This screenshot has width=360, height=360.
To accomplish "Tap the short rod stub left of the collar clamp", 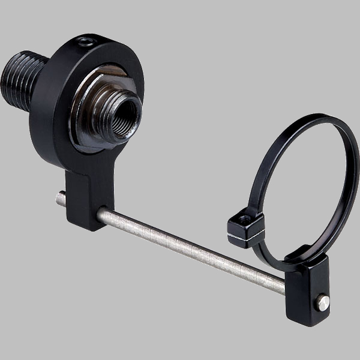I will pyautogui.click(x=61, y=199).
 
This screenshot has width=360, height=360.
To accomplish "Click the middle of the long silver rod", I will pyautogui.click(x=192, y=248).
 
